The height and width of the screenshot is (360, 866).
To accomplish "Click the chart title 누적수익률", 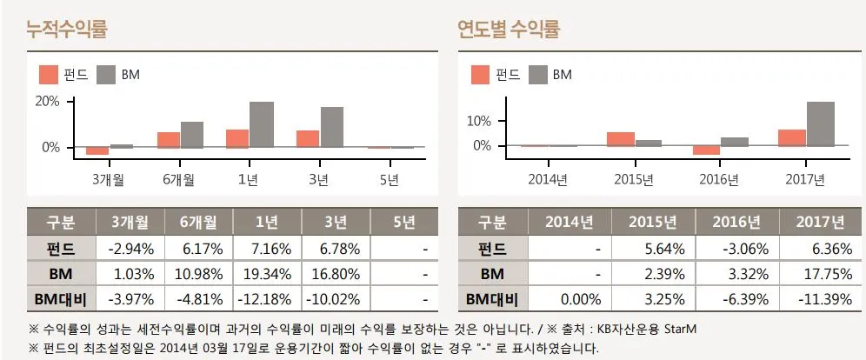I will pyautogui.click(x=67, y=30).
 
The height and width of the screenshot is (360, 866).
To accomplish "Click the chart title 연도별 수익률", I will pyautogui.click(x=509, y=30).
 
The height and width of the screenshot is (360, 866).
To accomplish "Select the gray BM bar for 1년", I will pyautogui.click(x=262, y=124).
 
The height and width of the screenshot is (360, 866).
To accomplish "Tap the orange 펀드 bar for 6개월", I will pyautogui.click(x=169, y=140).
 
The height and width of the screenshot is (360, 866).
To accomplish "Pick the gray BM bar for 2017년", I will pyautogui.click(x=820, y=123).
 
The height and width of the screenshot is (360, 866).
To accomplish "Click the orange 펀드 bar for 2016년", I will pyautogui.click(x=707, y=150).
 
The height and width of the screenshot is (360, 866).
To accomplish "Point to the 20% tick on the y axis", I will pyautogui.click(x=46, y=101).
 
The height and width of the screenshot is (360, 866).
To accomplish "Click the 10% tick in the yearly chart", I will pyautogui.click(x=477, y=121).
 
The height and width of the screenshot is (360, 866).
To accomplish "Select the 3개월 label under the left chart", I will pyautogui.click(x=107, y=180).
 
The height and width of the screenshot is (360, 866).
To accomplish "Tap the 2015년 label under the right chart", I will pyautogui.click(x=633, y=180).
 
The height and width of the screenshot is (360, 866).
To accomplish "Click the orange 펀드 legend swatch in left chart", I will pyautogui.click(x=47, y=75).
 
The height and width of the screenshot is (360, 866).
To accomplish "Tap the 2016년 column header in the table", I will pyautogui.click(x=736, y=222).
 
